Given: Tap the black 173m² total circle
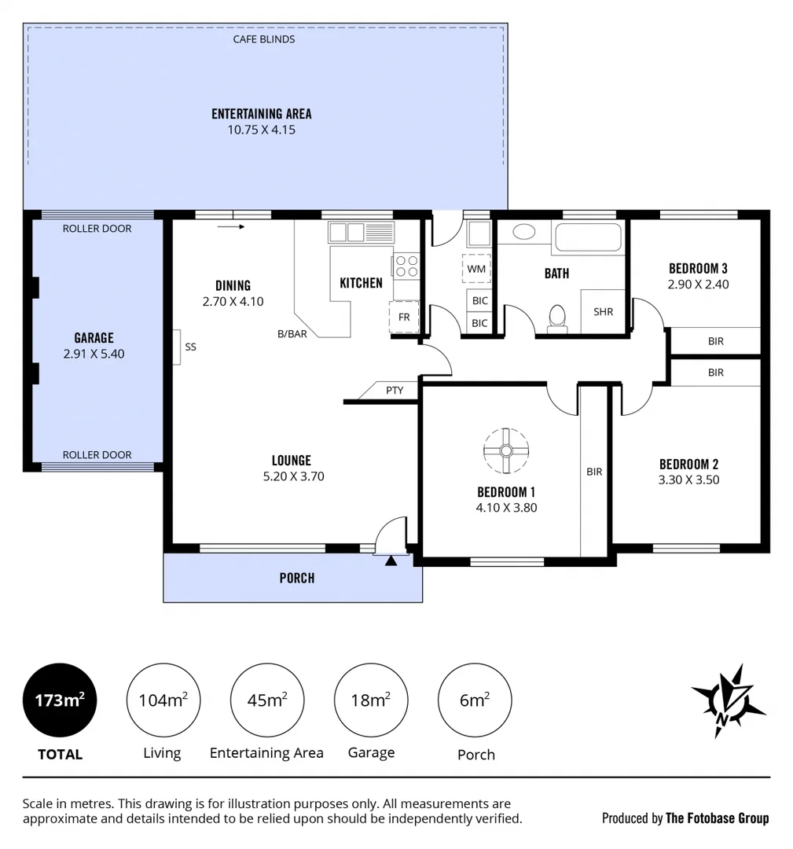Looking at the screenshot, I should [60, 700].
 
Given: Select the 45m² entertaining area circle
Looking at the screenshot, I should [267, 700].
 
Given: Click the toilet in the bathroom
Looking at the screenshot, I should [557, 318].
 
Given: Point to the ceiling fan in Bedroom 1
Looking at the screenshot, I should [506, 450].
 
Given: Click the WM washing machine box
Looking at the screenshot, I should [476, 269].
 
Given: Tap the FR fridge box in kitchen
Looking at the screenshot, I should [404, 317].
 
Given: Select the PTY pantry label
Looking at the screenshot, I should [395, 390].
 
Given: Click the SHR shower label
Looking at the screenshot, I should [603, 311].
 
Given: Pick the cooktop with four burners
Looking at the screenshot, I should [406, 265].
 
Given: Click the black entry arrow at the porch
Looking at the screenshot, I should [391, 560].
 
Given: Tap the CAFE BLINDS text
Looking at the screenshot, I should [264, 39].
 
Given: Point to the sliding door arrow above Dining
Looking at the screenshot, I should [231, 226].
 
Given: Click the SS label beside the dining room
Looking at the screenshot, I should [190, 346].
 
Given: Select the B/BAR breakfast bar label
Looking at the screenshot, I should [292, 333].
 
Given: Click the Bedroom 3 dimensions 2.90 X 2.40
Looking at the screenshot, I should [698, 284].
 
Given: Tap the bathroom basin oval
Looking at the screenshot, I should [523, 232].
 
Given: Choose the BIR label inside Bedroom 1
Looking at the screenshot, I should [594, 472].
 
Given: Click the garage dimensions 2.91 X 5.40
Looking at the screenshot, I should [94, 354].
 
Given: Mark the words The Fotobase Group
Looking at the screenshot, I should [717, 818].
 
